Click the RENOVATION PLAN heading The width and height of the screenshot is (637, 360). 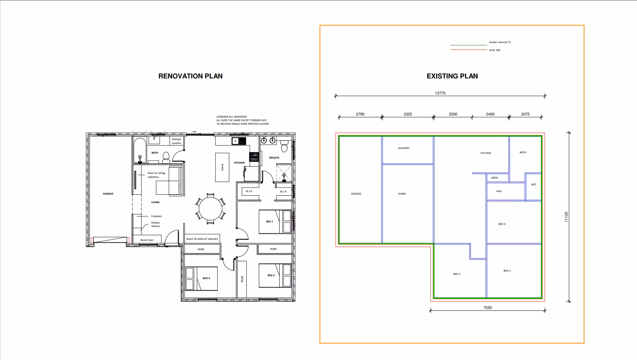(190, 76)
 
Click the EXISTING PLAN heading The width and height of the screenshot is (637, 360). (452, 76)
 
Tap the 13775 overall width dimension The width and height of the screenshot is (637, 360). (440, 93)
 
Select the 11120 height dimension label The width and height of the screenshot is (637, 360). (566, 217)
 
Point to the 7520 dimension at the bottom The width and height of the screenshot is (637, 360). (487, 308)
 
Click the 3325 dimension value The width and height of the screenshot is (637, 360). (407, 114)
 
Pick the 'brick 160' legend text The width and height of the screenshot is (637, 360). (494, 50)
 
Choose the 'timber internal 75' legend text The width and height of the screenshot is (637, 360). (500, 42)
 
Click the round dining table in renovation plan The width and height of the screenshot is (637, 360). (210, 209)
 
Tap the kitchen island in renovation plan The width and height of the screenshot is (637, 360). (222, 167)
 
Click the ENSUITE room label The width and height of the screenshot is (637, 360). (274, 158)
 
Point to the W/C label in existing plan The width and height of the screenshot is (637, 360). (534, 185)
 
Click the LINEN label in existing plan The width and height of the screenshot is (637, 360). (494, 178)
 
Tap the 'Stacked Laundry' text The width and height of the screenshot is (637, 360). (176, 141)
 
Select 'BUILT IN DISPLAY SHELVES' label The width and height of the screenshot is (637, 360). (202, 239)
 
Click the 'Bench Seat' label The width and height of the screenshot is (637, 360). (147, 240)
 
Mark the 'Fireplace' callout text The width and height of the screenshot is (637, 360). (156, 216)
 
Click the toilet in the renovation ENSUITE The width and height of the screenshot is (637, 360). (284, 146)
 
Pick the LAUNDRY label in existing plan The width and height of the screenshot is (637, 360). (403, 148)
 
